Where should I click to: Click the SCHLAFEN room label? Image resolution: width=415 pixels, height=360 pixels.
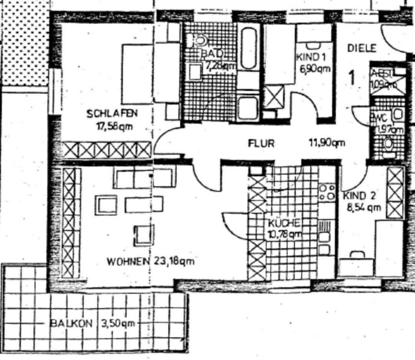point(112,114)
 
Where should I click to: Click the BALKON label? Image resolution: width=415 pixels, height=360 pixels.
point(72,324)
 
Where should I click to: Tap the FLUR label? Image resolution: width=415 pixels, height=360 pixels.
point(261,143)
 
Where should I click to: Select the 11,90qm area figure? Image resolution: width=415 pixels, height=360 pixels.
point(327,142)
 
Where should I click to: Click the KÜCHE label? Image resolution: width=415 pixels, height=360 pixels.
point(284,223)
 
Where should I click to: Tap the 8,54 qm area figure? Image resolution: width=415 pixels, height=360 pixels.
point(364,208)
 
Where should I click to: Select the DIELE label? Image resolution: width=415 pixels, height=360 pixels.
point(363,48)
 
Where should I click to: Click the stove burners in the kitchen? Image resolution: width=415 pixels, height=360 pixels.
point(327,192)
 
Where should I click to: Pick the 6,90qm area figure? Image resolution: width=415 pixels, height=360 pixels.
point(315,68)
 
